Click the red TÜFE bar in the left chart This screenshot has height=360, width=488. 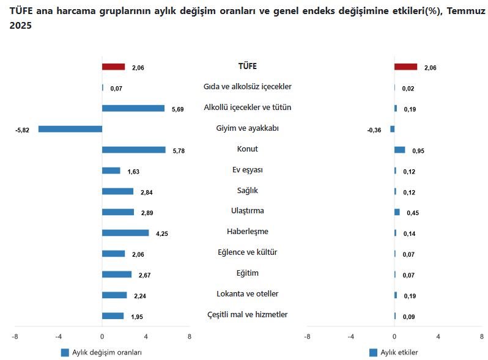[x=113, y=67]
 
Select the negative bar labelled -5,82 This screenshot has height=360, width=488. [x=70, y=129]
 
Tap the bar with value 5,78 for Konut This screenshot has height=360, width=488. [x=133, y=150]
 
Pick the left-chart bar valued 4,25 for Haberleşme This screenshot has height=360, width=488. [x=125, y=233]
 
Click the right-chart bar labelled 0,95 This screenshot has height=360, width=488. [x=400, y=150]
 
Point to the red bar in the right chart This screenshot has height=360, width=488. [x=405, y=67]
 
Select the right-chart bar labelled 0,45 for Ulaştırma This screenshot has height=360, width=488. [x=397, y=212]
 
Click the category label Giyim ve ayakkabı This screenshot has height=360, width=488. [x=247, y=128]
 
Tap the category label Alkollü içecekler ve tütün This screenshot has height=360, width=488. [x=247, y=108]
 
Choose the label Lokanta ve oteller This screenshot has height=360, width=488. [x=247, y=294]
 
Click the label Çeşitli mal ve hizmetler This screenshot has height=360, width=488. [x=247, y=315]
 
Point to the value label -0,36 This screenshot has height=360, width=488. [x=374, y=130]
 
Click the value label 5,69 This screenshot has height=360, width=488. [x=178, y=109]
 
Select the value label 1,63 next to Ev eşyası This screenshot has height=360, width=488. [x=133, y=172]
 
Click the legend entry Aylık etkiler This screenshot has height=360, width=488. [x=399, y=353]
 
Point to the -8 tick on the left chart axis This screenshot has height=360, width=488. [x=15, y=337]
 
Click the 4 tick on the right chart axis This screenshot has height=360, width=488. [x=438, y=337]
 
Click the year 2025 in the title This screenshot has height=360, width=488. [x=20, y=26]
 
